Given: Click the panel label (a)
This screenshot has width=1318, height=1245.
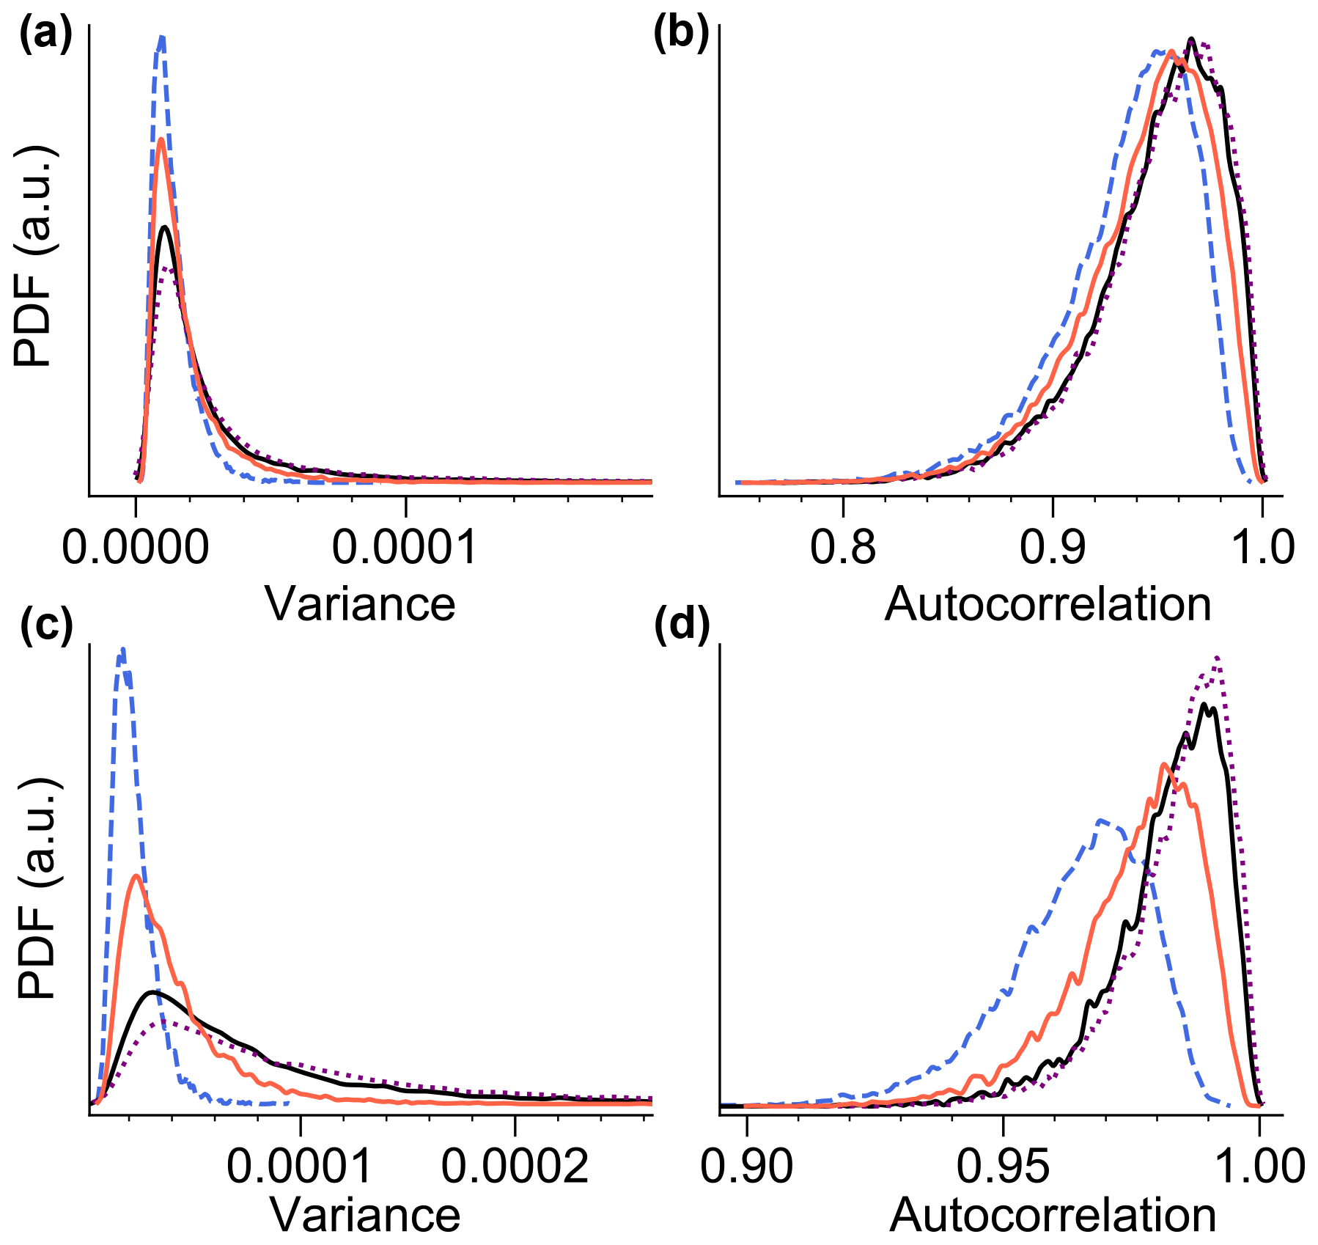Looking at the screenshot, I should click(45, 34).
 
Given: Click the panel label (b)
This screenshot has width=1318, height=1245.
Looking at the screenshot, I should click(681, 34).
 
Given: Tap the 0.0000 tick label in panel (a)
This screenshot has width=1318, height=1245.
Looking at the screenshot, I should click(136, 546).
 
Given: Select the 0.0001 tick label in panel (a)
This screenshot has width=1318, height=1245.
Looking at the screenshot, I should click(405, 546).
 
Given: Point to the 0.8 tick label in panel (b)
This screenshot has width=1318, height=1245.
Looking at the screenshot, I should click(843, 546).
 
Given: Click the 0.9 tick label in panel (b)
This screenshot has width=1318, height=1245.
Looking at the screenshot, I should click(1053, 546).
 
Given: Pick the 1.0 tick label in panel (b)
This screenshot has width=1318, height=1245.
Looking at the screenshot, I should click(1262, 546).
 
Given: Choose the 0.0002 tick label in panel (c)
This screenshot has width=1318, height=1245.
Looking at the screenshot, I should click(515, 1166).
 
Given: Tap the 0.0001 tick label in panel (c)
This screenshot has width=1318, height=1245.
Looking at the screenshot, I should click(299, 1166).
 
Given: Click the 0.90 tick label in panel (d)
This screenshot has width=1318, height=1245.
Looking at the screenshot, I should click(746, 1166).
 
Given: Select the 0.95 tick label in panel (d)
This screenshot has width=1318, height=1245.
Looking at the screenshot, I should click(1003, 1166).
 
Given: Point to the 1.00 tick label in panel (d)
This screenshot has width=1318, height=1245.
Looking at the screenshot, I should click(1259, 1166).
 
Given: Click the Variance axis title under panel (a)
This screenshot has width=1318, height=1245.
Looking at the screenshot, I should click(360, 604).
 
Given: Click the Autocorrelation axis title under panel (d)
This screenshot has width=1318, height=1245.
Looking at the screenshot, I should click(1053, 1216).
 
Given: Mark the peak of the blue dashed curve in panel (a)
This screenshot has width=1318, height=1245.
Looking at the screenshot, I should click(162, 37).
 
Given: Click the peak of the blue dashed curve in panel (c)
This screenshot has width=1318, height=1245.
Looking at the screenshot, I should click(123, 650).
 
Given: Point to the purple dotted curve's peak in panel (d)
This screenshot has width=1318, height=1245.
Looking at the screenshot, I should click(1218, 658).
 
